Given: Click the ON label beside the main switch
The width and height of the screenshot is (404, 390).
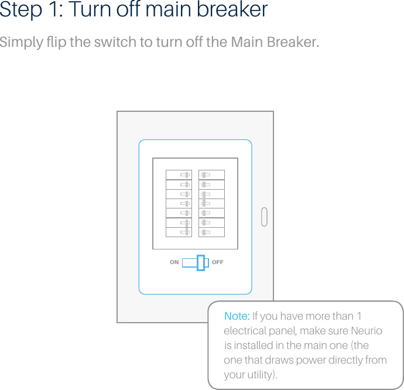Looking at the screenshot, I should (174, 262).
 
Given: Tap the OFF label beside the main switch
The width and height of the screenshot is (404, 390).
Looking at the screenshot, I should (218, 262).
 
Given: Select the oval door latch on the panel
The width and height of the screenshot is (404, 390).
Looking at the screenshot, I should (264, 216).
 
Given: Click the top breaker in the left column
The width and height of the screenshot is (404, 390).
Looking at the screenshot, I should (179, 175).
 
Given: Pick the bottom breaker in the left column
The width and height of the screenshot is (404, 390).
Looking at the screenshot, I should (179, 232).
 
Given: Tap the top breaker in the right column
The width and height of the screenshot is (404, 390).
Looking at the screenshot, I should (211, 175).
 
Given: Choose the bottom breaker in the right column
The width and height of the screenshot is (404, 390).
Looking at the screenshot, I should (211, 232).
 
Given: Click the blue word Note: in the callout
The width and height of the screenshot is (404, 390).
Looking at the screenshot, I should (237, 316).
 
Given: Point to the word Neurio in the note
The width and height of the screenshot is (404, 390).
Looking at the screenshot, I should (366, 331).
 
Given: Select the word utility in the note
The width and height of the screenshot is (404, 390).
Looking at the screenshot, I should (258, 374).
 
